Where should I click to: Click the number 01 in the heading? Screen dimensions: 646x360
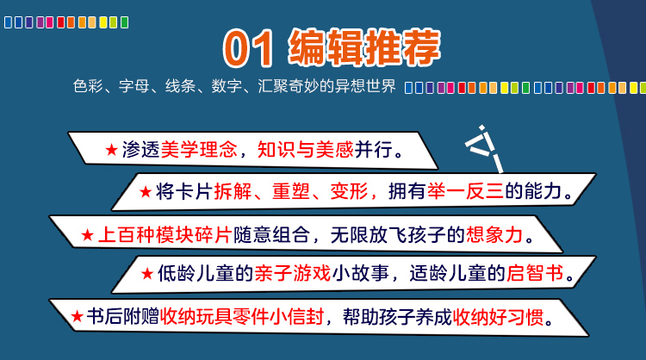[247, 48]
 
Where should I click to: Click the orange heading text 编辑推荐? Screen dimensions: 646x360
[364, 47]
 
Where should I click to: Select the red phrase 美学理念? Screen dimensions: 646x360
[199, 150]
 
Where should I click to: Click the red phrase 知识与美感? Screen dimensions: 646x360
[305, 150]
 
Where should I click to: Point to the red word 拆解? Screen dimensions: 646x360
[233, 191]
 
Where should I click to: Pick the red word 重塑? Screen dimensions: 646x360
[291, 191]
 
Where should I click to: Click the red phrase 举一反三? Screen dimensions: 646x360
[465, 191]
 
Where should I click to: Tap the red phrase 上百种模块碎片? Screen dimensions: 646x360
[165, 235]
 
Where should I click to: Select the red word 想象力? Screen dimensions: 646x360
[494, 235]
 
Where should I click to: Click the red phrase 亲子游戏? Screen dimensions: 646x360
[293, 273]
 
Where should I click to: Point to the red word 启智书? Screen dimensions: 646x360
[535, 273]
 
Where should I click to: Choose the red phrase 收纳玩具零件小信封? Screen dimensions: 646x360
[242, 317]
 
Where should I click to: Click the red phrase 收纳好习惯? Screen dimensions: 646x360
[498, 317]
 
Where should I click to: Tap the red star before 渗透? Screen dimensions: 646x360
[112, 150]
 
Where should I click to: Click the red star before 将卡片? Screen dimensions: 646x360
[146, 191]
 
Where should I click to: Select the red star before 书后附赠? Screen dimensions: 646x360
[77, 317]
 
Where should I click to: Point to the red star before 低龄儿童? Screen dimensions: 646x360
[147, 274]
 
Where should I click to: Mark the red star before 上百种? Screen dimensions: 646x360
[87, 235]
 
